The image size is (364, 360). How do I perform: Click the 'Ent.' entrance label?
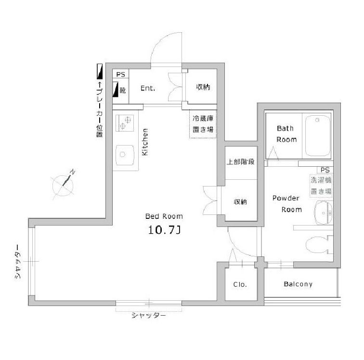point(147,89)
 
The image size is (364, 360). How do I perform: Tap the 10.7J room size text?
point(164,230)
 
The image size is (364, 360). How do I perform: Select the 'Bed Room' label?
point(164,216)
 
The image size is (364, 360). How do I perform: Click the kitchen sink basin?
point(125,156)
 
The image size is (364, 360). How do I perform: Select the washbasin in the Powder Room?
point(323,212)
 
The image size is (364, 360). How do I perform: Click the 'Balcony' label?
point(298,284)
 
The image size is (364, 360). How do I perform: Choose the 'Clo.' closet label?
point(240,284)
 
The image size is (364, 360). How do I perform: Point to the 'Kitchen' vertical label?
point(145,142)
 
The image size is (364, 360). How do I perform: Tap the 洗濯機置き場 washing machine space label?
point(321,186)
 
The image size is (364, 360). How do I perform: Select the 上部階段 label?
point(241,161)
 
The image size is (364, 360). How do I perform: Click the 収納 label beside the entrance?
point(203,87)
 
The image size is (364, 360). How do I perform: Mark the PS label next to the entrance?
point(120,75)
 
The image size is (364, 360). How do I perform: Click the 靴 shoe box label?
point(123,89)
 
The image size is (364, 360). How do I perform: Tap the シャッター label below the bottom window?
point(149,316)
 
